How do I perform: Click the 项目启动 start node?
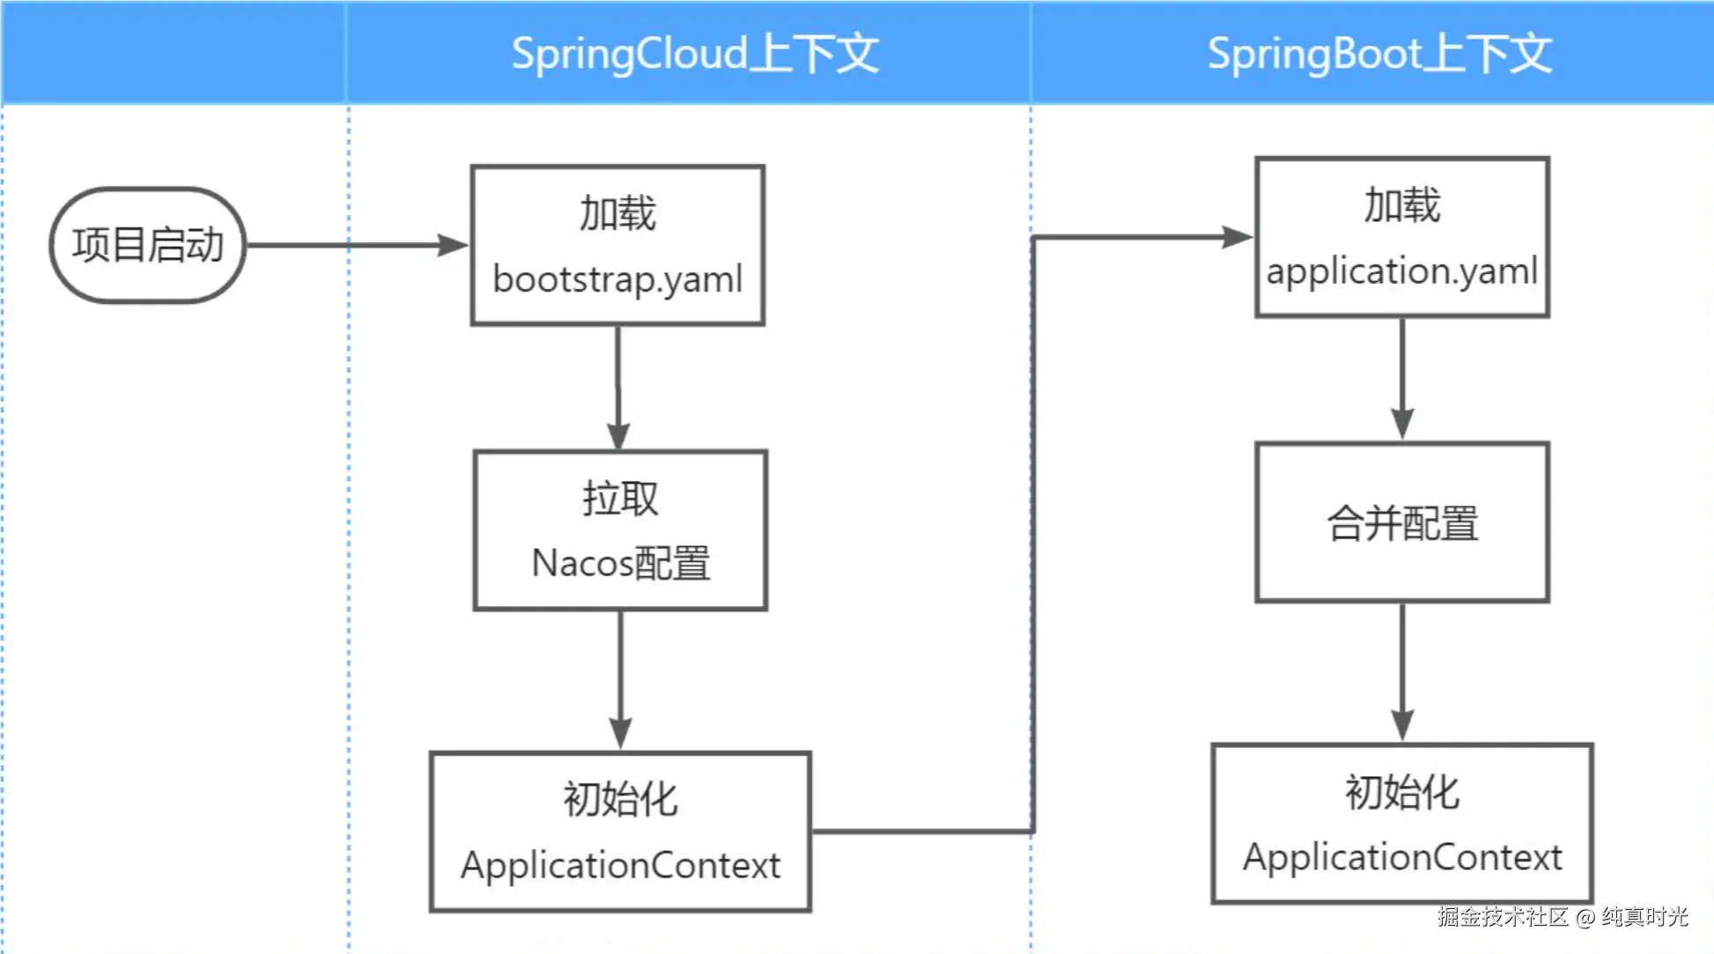pos(147,245)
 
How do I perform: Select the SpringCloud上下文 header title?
pos(695,54)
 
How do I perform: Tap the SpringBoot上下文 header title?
pos(1378,54)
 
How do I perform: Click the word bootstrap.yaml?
pos(617,279)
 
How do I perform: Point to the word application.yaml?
pos(1401,271)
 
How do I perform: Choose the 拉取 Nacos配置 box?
pos(620,530)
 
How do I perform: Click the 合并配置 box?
pos(1401,523)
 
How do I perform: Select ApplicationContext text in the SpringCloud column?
pos(620,865)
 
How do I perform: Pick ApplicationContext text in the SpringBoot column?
pos(1402,857)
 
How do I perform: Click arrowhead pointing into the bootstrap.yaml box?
pos(454,245)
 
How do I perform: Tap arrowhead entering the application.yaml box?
pos(1237,237)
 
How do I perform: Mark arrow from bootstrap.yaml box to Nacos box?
pos(617,388)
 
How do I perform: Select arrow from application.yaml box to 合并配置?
pos(1402,379)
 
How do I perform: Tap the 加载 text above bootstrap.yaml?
pos(617,214)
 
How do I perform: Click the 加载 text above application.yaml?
pos(1401,206)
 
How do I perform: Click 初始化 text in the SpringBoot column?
pos(1401,792)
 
